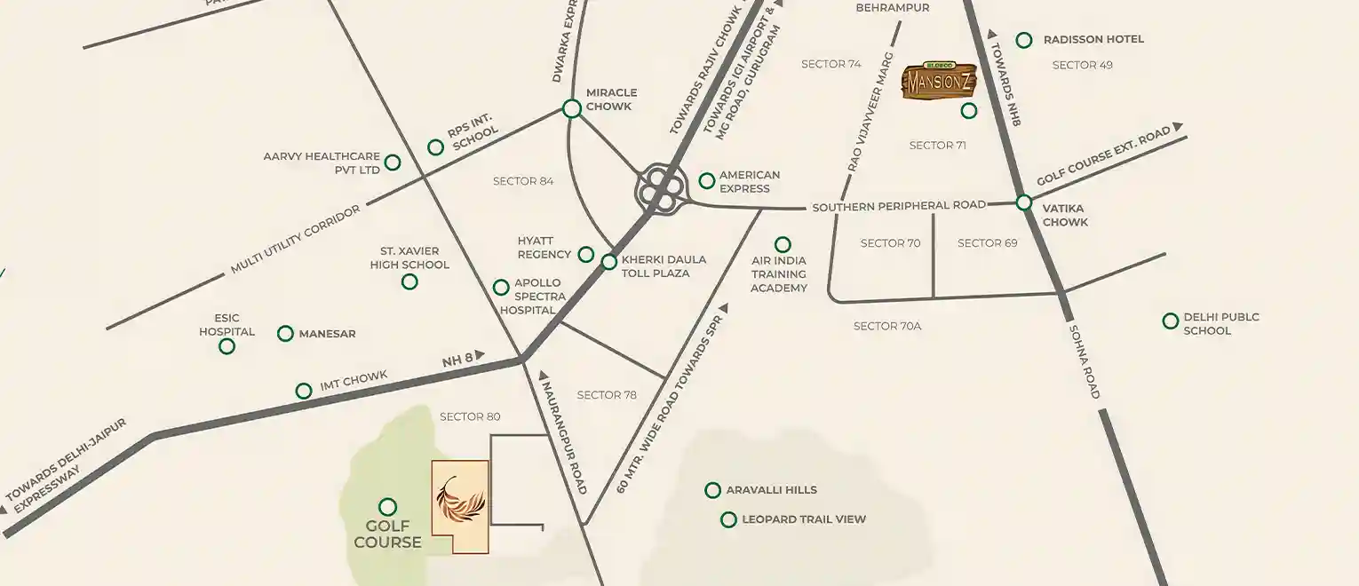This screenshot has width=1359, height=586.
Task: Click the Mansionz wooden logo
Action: tap(939, 81)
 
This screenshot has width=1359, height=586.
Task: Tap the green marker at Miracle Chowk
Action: tap(572, 108)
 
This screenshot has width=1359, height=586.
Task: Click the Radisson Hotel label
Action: tap(1093, 40)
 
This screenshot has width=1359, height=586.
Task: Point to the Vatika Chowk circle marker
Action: tap(1023, 202)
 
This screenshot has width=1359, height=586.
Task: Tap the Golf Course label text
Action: tap(387, 535)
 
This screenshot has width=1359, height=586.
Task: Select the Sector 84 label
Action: tap(523, 181)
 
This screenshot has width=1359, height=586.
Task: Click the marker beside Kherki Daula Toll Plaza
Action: tap(608, 262)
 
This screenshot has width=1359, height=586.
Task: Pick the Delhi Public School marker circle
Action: tap(1171, 321)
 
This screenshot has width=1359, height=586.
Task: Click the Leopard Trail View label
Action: tap(803, 519)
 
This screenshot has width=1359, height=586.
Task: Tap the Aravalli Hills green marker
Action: tap(712, 490)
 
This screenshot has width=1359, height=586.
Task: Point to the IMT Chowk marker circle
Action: tap(304, 390)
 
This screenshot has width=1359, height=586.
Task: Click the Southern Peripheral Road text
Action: tap(898, 206)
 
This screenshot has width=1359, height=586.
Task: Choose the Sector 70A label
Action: tap(886, 327)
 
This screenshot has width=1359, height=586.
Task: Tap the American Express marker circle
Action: tap(706, 181)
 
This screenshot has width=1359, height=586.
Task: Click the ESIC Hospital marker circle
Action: tap(226, 346)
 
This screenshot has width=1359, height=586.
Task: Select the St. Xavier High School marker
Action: tap(409, 281)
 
